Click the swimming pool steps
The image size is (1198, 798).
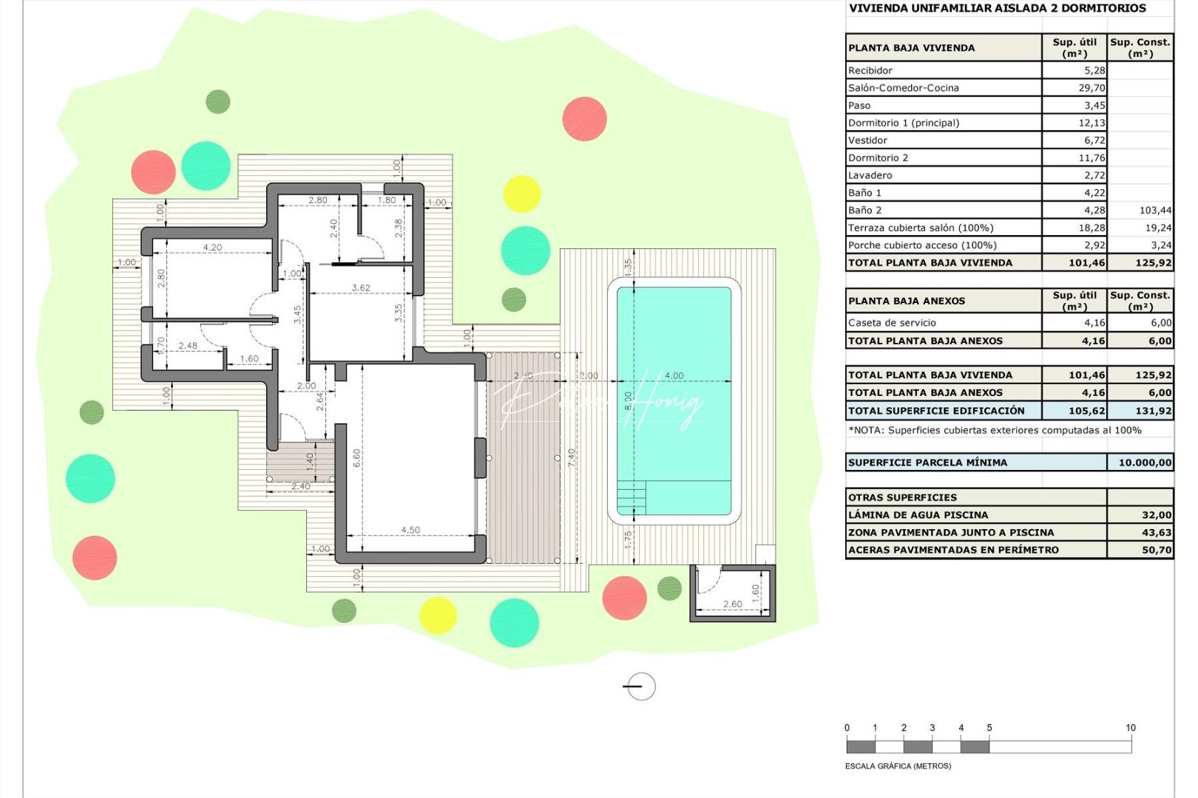point(632,497)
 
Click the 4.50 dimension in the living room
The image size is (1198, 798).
point(410,530)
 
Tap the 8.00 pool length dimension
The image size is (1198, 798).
point(629,400)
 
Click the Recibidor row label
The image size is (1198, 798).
point(870,70)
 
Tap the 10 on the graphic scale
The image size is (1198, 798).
point(1130,728)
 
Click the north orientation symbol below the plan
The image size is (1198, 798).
point(640,686)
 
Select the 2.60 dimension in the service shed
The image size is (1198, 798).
point(732,604)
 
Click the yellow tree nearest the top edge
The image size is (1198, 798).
point(522,194)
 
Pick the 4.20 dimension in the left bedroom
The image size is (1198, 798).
point(212,248)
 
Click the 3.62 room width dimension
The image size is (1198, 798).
point(361,287)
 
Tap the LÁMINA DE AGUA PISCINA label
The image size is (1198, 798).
point(918,515)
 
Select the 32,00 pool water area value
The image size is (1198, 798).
point(1157,515)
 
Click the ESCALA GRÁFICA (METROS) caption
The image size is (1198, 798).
point(898,766)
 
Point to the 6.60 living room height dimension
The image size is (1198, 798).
point(357,458)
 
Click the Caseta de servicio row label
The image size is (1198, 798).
point(892,323)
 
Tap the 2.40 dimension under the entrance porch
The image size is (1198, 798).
point(301,486)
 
